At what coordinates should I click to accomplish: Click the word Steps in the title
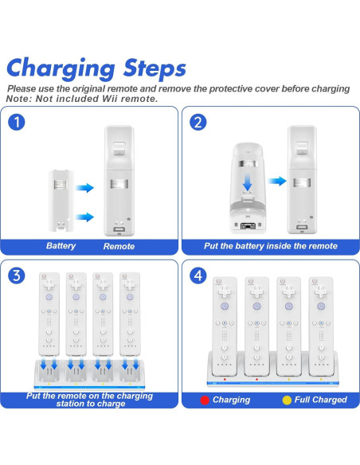click(x=155, y=68)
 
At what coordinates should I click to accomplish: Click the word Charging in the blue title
click(x=61, y=69)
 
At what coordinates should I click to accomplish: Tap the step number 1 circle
click(x=17, y=122)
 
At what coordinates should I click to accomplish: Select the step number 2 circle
click(x=198, y=122)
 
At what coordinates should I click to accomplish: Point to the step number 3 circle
click(x=17, y=275)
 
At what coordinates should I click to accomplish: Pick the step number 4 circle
click(x=198, y=275)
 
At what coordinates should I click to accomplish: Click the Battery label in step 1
click(x=61, y=246)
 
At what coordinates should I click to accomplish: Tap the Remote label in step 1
click(x=119, y=246)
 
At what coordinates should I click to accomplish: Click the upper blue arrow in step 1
click(x=84, y=188)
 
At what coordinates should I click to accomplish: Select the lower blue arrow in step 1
click(x=84, y=217)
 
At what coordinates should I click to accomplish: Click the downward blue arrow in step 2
click(x=248, y=182)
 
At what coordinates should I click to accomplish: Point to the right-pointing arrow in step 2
click(x=277, y=181)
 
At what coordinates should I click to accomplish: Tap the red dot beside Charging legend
click(x=205, y=400)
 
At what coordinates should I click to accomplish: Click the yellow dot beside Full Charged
click(x=287, y=400)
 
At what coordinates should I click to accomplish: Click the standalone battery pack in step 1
click(x=61, y=201)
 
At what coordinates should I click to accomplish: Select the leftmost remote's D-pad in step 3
click(x=49, y=286)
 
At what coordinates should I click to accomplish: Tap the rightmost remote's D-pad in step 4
click(x=321, y=292)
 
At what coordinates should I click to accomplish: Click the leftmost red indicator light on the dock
click(x=225, y=379)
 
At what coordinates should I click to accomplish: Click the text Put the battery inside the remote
click(x=271, y=246)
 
